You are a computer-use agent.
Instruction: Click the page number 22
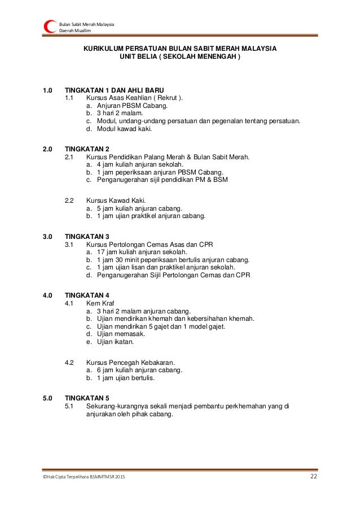click(x=314, y=478)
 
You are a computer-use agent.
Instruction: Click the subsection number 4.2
click(x=70, y=362)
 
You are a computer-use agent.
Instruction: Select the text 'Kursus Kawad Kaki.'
click(x=116, y=200)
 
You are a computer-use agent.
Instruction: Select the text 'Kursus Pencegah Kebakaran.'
click(x=130, y=362)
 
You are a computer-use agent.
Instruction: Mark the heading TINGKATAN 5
click(x=87, y=398)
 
